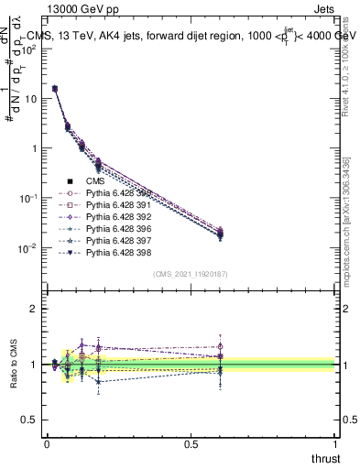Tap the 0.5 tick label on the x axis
(x=191, y=444)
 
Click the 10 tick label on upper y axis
(x=30, y=98)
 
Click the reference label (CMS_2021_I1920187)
(x=191, y=274)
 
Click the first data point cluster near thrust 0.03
(x=55, y=89)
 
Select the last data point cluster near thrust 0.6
(x=220, y=234)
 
